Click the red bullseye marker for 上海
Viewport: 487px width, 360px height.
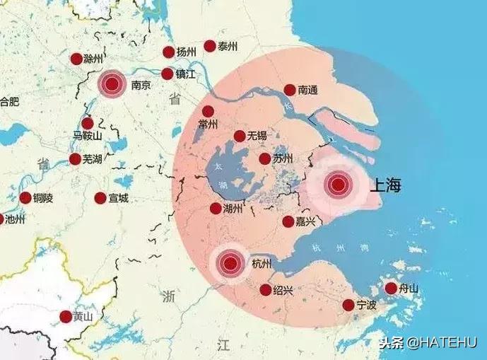[x=338, y=185]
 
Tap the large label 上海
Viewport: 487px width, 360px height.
[x=385, y=186]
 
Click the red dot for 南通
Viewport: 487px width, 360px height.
[x=290, y=90]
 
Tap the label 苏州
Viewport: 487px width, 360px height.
[x=283, y=159]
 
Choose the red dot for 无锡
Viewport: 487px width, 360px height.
[x=240, y=136]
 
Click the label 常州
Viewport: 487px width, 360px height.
[x=209, y=124]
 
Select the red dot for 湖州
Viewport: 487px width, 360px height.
[x=216, y=209]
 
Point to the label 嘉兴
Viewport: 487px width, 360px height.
[x=307, y=222]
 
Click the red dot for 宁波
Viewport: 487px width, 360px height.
[x=348, y=305]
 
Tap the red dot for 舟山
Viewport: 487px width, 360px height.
[x=391, y=288]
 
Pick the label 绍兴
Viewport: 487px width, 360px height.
[x=283, y=290]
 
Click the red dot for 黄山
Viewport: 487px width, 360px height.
[x=66, y=317]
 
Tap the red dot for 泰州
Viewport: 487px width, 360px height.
[x=210, y=46]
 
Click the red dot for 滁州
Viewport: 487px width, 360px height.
[x=76, y=59]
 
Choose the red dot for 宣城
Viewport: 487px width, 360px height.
[x=100, y=198]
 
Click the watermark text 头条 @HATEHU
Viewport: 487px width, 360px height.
[x=429, y=344]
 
